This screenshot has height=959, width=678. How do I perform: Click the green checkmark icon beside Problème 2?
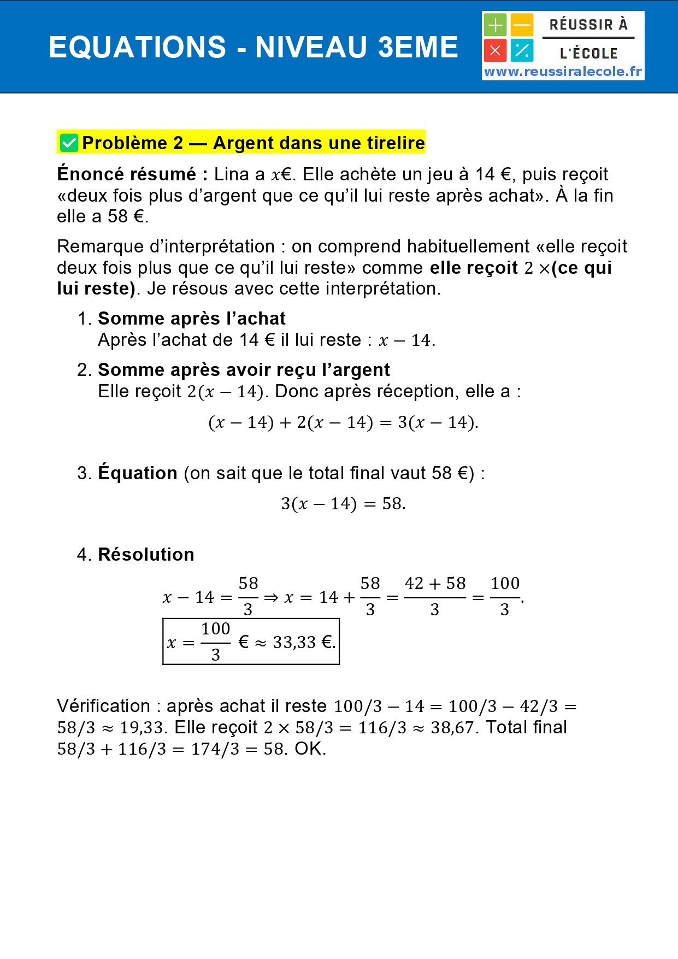tap(69, 143)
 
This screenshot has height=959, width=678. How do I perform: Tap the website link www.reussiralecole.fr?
tap(563, 72)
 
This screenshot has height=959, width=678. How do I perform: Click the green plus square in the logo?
tap(495, 25)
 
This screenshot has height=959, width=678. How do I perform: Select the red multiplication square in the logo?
tap(495, 51)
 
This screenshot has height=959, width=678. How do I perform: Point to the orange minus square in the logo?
tap(522, 25)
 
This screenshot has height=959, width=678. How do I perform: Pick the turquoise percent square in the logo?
tap(522, 51)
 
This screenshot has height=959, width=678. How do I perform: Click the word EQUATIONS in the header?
tap(137, 47)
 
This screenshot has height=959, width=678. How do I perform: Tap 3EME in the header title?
tap(418, 47)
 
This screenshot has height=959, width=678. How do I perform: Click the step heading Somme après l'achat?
tap(192, 319)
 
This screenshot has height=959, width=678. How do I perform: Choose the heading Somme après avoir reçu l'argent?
tap(244, 370)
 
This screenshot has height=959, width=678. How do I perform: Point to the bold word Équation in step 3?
tap(138, 473)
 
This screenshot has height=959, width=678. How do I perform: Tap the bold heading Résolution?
tap(146, 555)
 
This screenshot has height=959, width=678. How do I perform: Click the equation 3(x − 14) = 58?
tap(343, 503)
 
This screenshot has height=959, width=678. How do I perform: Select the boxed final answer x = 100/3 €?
tap(251, 642)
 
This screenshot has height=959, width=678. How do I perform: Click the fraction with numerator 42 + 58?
tap(435, 597)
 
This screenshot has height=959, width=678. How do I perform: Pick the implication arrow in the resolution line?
tap(271, 598)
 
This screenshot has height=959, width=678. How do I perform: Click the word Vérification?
tap(103, 706)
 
